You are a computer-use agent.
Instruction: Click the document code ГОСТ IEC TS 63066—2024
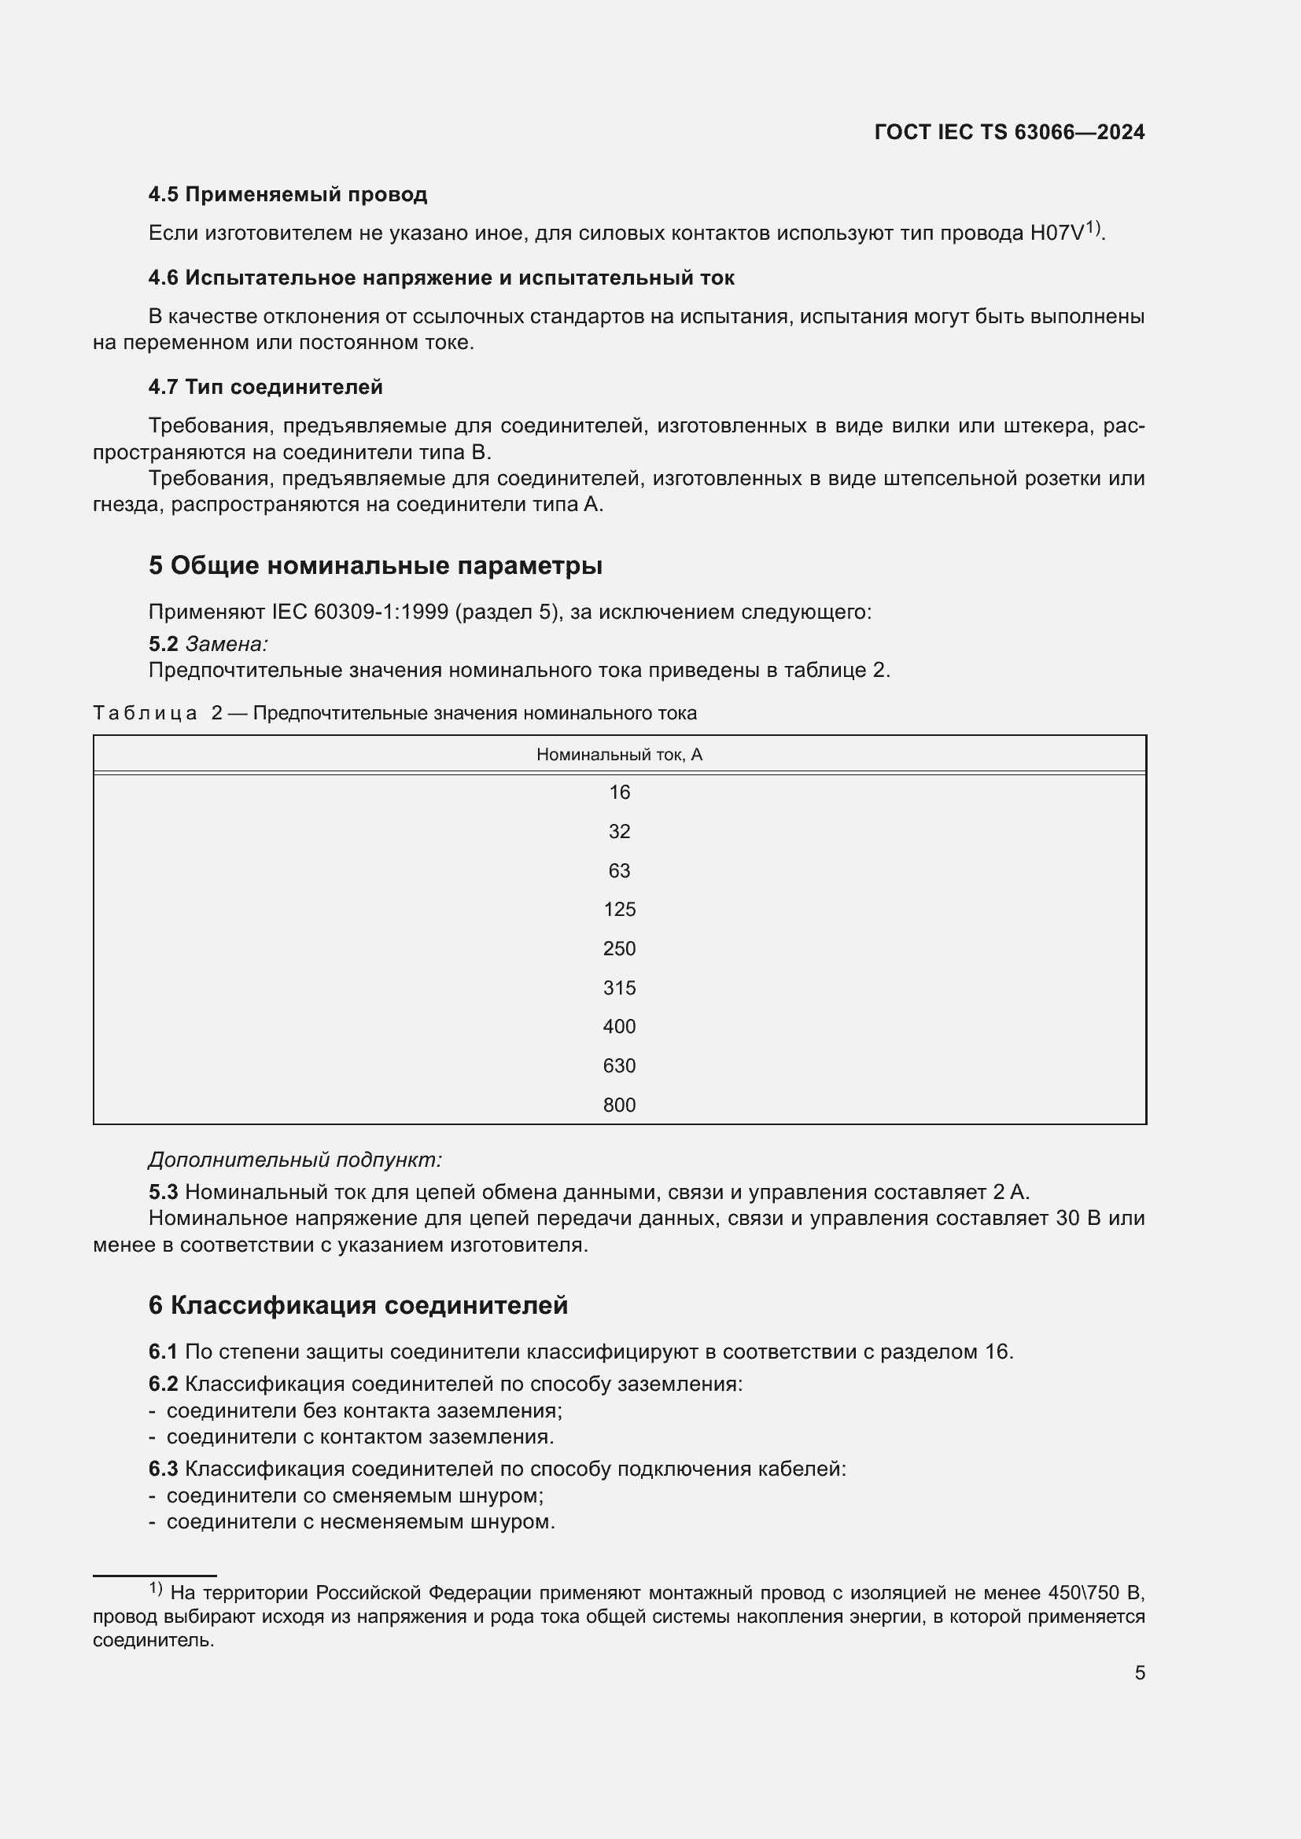click(x=1009, y=132)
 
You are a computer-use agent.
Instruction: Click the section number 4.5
click(x=164, y=195)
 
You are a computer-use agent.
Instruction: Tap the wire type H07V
click(x=1056, y=233)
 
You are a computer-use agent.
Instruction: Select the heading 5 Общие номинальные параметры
click(x=375, y=565)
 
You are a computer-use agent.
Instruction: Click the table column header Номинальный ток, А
click(x=619, y=755)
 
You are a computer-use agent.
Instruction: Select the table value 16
click(x=619, y=793)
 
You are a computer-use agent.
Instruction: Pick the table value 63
click(x=619, y=870)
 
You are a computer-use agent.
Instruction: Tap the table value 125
click(x=619, y=910)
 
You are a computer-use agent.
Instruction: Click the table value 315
click(x=619, y=988)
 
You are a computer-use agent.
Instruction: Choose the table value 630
click(x=619, y=1066)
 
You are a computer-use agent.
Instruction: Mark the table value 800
click(x=619, y=1105)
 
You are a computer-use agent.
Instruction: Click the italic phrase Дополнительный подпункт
click(x=295, y=1160)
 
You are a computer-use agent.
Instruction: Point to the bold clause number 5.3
click(x=164, y=1193)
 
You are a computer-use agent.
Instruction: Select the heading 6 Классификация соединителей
click(x=358, y=1306)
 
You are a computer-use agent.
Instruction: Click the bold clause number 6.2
click(x=164, y=1385)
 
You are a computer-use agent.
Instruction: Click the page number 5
click(x=1139, y=1673)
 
